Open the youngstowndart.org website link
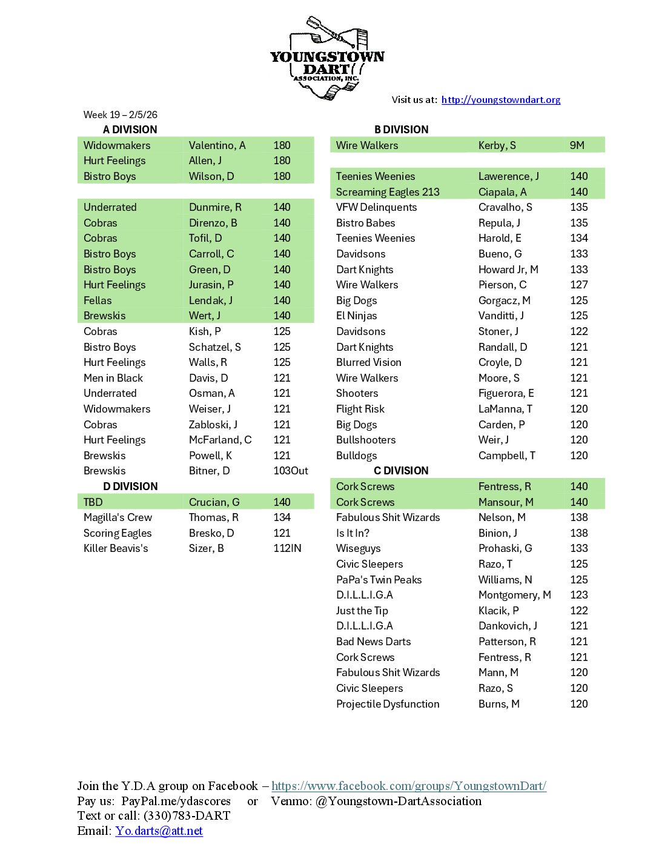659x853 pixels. tap(500, 100)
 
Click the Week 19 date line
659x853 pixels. tap(120, 115)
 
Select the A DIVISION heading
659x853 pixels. tap(130, 130)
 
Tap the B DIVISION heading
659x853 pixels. tap(401, 130)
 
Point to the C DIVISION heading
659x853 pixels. tap(401, 471)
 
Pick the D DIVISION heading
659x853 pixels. tap(130, 486)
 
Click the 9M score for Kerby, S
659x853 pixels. tap(577, 145)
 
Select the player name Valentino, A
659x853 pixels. tap(217, 145)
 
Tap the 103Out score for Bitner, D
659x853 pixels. tap(291, 471)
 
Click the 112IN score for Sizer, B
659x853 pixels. tap(287, 548)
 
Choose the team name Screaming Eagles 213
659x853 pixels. tap(388, 192)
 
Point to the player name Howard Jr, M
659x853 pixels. tap(508, 270)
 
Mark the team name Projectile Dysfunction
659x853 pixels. tap(388, 704)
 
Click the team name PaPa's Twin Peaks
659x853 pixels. tap(379, 580)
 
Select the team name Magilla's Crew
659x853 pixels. tap(118, 517)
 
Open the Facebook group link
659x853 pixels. tap(409, 786)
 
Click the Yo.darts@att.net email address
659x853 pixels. tap(159, 831)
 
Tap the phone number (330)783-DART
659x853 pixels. tap(187, 816)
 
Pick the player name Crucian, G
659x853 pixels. tap(214, 502)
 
